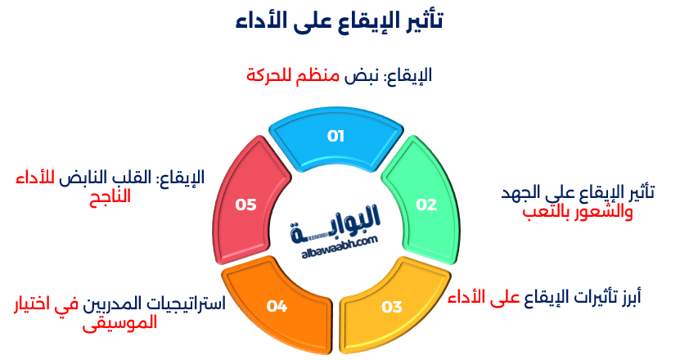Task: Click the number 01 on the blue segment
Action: tap(335, 137)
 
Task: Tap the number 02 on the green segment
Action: tap(426, 205)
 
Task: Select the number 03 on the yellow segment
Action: tap(392, 308)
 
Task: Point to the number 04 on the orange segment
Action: tap(277, 307)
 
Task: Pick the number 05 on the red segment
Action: tap(246, 205)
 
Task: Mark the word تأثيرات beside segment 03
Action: tap(584, 296)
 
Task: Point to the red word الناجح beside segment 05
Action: tap(110, 196)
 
